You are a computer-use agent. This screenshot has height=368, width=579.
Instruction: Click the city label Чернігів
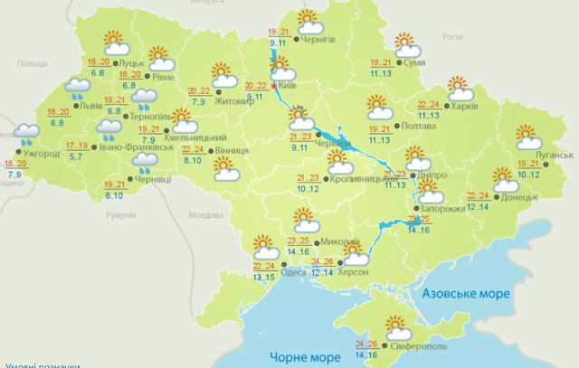pos(326,39)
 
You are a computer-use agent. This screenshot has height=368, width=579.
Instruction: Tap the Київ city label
pos(289,87)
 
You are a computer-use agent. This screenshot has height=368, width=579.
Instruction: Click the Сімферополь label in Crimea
pos(417,347)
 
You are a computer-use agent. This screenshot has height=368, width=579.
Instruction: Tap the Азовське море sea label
pos(466,294)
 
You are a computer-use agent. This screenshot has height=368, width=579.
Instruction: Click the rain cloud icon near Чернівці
pos(143,163)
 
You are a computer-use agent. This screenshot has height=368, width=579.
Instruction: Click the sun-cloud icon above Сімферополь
pos(396,326)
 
